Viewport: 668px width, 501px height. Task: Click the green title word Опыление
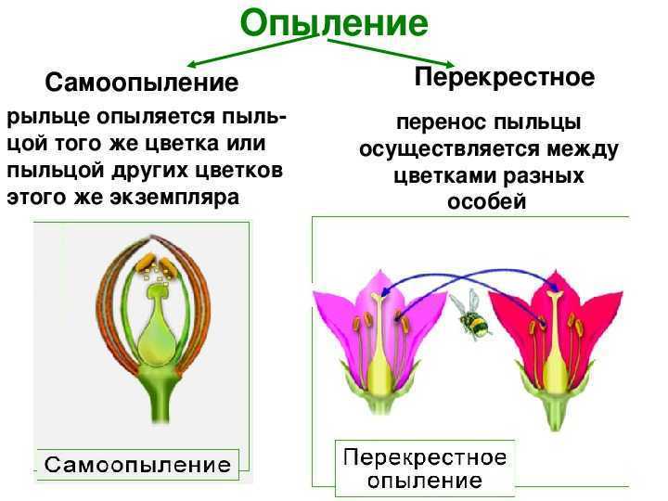coord(334,23)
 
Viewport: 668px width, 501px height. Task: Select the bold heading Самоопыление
coord(141,83)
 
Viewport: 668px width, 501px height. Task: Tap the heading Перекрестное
coord(505,78)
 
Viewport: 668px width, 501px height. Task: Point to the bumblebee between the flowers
coord(471,315)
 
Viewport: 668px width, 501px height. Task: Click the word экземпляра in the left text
coord(174,198)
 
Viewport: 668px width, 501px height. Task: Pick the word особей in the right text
coord(486,201)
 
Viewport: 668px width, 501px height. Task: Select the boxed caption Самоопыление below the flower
coord(137,465)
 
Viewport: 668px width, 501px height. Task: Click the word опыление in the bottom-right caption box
coord(425,481)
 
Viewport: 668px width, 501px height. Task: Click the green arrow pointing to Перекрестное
coord(392,52)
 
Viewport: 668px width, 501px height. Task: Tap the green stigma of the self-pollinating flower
coord(158,292)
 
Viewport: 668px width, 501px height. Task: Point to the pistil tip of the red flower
coord(554,294)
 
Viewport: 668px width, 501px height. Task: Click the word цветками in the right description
coord(444,176)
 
